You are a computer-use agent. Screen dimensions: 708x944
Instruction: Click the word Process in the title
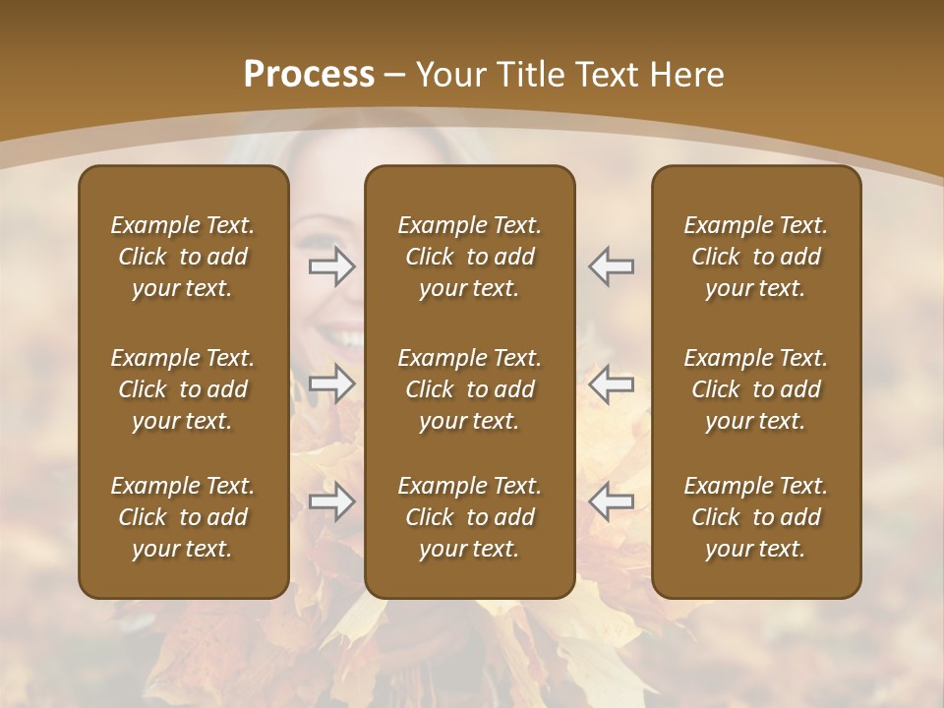pyautogui.click(x=309, y=74)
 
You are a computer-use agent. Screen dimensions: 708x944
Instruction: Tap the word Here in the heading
pyautogui.click(x=686, y=74)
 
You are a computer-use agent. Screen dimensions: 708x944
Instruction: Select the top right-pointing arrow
pyautogui.click(x=332, y=266)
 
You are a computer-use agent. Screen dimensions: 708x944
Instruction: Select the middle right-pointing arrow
pyautogui.click(x=332, y=383)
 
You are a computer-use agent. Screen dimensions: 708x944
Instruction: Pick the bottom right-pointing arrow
pyautogui.click(x=332, y=501)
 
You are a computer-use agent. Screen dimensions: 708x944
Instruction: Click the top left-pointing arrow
pyautogui.click(x=611, y=266)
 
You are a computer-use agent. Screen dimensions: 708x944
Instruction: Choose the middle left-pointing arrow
pyautogui.click(x=611, y=383)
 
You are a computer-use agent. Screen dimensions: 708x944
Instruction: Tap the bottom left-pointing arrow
pyautogui.click(x=611, y=501)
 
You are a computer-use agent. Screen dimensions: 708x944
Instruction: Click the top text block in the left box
pyautogui.click(x=183, y=257)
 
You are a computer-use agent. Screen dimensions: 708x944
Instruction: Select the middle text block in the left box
pyautogui.click(x=183, y=389)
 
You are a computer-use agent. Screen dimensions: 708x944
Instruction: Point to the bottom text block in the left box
pyautogui.click(x=183, y=517)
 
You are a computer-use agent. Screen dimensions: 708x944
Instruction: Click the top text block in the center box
pyautogui.click(x=469, y=257)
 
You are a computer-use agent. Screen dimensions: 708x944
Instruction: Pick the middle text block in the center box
pyautogui.click(x=469, y=389)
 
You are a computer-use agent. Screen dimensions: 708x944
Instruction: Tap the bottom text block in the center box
pyautogui.click(x=469, y=517)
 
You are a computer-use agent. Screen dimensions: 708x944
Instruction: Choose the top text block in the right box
pyautogui.click(x=755, y=257)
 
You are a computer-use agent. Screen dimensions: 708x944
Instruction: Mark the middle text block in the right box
pyautogui.click(x=755, y=389)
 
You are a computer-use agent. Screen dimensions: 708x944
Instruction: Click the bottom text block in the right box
pyautogui.click(x=755, y=517)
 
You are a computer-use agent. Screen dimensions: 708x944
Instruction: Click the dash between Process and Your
pyautogui.click(x=395, y=75)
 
